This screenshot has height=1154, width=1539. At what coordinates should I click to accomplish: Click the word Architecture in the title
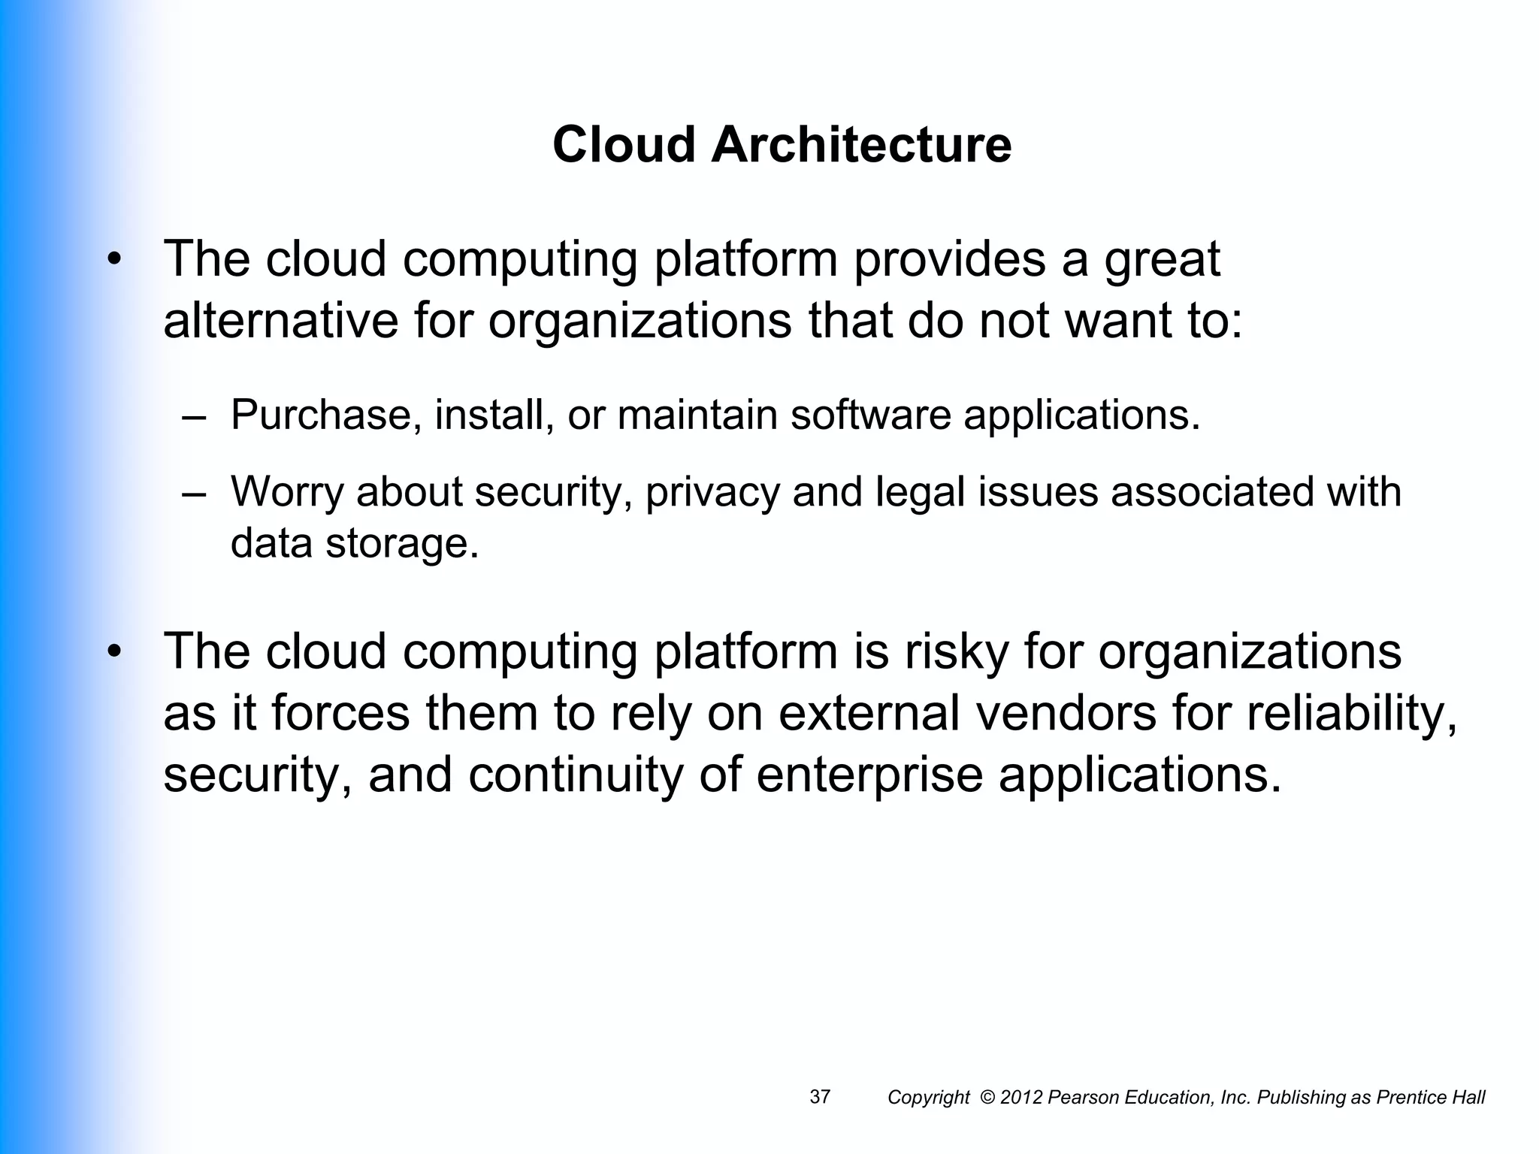coord(861,144)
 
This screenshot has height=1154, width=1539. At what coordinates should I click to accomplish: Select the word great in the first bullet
coord(1162,260)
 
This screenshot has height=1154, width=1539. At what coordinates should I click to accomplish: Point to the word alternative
coord(280,321)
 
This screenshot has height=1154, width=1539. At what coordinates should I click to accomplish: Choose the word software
coord(870,415)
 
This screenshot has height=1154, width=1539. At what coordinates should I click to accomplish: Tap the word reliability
coord(1352,714)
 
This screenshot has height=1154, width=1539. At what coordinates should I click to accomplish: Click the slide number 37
coord(820,1097)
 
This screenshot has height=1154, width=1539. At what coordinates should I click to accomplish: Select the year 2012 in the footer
coord(1021,1098)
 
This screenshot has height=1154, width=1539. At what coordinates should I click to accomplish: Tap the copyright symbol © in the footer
coord(987,1098)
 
